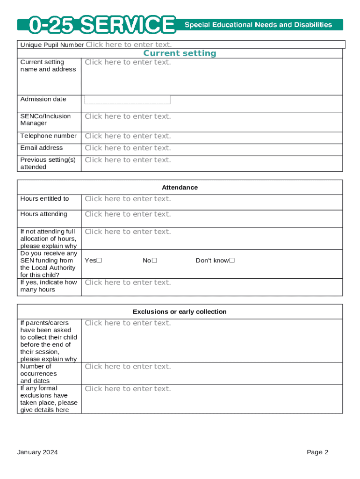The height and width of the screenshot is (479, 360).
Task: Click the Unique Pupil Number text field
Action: click(129, 45)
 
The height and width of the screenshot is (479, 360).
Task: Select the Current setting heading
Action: click(180, 53)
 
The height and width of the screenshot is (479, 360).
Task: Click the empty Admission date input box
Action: click(127, 100)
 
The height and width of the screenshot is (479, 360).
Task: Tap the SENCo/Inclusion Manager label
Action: click(45, 120)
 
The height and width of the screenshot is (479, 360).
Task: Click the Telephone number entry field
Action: click(128, 136)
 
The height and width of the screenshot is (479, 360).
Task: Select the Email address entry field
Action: click(128, 148)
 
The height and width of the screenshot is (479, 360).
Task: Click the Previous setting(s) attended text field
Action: click(128, 160)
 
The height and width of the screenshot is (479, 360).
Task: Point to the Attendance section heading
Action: click(180, 188)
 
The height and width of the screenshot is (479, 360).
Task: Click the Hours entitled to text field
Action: click(128, 199)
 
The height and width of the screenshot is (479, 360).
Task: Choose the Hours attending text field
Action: click(128, 214)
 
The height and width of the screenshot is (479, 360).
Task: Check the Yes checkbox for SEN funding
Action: click(99, 261)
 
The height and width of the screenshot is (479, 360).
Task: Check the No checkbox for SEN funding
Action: click(154, 261)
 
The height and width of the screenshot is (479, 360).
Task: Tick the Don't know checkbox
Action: click(231, 261)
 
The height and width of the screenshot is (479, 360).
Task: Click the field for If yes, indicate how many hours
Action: click(128, 283)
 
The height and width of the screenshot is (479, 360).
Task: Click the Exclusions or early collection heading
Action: click(180, 312)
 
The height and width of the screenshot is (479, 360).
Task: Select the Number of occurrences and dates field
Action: click(128, 367)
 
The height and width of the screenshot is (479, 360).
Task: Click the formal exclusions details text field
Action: click(128, 389)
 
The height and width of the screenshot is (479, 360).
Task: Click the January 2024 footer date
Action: click(37, 452)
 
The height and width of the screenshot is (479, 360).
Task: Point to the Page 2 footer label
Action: click(317, 452)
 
